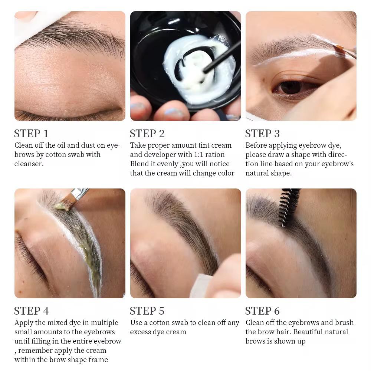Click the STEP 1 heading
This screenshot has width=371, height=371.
point(31,134)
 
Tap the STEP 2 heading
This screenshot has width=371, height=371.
point(147,134)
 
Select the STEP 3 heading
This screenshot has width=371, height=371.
point(263,134)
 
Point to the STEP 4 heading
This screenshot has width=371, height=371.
point(31,311)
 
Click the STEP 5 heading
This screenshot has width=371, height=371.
point(147,311)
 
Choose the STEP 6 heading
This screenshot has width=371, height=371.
point(263,311)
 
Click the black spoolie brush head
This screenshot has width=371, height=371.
point(289,206)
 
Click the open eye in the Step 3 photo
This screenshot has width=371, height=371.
point(291,88)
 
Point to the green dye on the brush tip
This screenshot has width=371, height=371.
point(61,205)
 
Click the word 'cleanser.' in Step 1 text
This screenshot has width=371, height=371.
point(29,164)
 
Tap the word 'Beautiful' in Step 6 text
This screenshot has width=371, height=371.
point(310,332)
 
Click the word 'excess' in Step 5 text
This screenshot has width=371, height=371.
point(143,332)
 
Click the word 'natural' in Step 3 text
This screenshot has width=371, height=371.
point(258,173)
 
